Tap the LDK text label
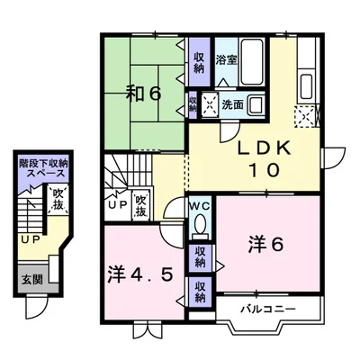(265, 148)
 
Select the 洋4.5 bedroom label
(140, 274)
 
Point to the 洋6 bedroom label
(265, 245)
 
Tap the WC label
(200, 206)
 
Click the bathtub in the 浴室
(252, 61)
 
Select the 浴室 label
(227, 60)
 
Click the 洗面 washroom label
(232, 104)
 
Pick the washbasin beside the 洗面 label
(256, 104)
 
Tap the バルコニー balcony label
(268, 309)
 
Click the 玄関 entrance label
(31, 280)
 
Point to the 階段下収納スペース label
(43, 168)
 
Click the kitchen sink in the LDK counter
(307, 85)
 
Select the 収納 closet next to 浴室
(199, 62)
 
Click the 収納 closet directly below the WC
(200, 257)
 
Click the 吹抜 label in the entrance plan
(58, 198)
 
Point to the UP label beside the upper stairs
(118, 204)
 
